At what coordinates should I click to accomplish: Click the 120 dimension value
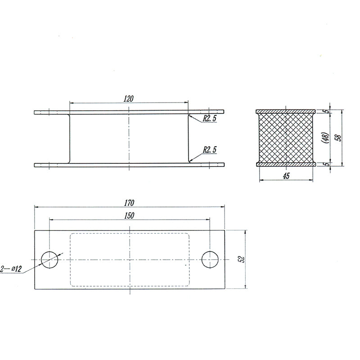tap(128, 99)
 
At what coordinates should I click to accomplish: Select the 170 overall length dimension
tap(129, 203)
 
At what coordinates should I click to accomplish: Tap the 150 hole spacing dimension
tap(129, 216)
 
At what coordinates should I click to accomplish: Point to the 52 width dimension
tap(242, 259)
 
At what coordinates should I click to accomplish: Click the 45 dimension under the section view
tap(286, 176)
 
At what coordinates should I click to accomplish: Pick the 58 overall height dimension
tap(338, 138)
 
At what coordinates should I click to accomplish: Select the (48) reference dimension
tap(325, 138)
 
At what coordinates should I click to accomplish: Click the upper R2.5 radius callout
tap(209, 118)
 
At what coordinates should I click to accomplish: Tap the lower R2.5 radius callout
tap(210, 150)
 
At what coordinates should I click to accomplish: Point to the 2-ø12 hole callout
tap(11, 269)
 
